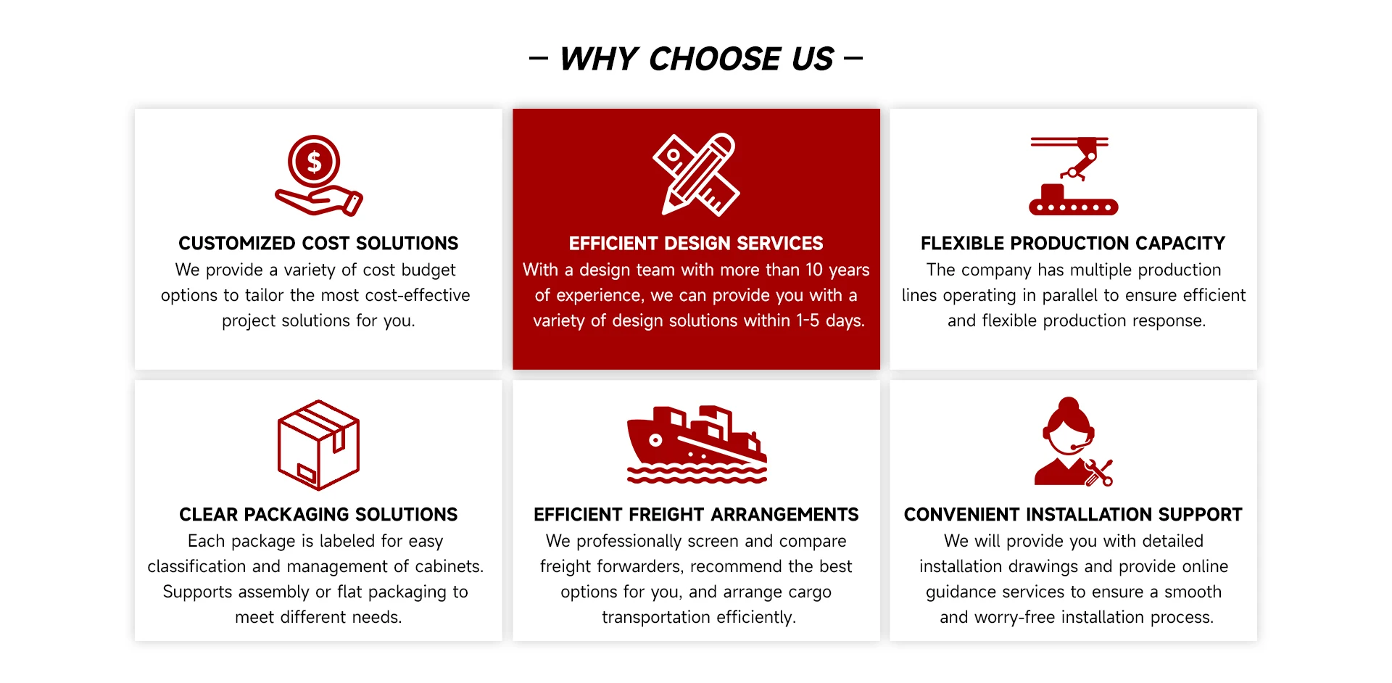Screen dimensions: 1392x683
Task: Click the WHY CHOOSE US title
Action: click(697, 59)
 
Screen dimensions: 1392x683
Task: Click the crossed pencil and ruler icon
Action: click(696, 174)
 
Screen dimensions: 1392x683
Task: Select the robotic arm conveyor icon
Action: click(1073, 175)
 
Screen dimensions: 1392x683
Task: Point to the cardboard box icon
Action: click(318, 445)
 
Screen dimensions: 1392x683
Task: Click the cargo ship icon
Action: click(697, 444)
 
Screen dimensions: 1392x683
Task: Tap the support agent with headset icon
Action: click(1073, 442)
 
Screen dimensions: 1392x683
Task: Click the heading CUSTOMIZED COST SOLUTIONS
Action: click(318, 243)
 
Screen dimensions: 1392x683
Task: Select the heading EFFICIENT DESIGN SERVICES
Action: click(696, 243)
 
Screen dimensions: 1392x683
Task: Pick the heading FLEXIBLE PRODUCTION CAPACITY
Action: click(1073, 243)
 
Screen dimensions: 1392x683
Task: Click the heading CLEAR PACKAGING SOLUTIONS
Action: click(318, 514)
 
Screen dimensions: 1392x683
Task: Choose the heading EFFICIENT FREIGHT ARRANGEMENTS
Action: click(696, 514)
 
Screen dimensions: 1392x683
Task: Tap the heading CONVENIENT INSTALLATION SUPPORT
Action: click(1073, 514)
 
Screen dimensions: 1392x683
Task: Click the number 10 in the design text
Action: click(814, 270)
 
